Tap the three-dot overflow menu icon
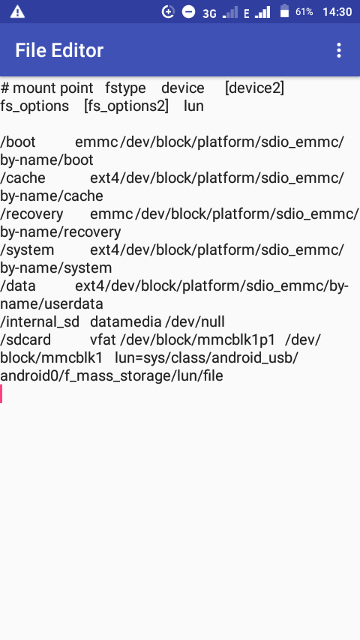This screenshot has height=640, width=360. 338,50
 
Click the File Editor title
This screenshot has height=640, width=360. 59,50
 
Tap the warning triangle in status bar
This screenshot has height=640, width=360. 17,12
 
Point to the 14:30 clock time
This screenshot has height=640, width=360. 337,12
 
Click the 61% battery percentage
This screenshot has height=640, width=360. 304,12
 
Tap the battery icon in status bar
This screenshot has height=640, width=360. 284,11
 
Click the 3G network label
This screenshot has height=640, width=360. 209,13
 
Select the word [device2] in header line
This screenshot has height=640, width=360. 254,88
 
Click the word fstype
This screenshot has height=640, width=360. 125,88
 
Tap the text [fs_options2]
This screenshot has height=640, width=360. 126,106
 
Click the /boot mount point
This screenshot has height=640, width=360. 18,142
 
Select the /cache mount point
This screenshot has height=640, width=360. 23,178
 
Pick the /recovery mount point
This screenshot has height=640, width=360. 31,214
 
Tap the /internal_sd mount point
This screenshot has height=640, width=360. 40,322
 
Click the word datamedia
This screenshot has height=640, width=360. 126,322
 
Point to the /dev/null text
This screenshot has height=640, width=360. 195,322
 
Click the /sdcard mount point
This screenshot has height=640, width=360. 25,339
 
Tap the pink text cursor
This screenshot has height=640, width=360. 1,394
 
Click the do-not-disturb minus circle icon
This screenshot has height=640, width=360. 188,12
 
